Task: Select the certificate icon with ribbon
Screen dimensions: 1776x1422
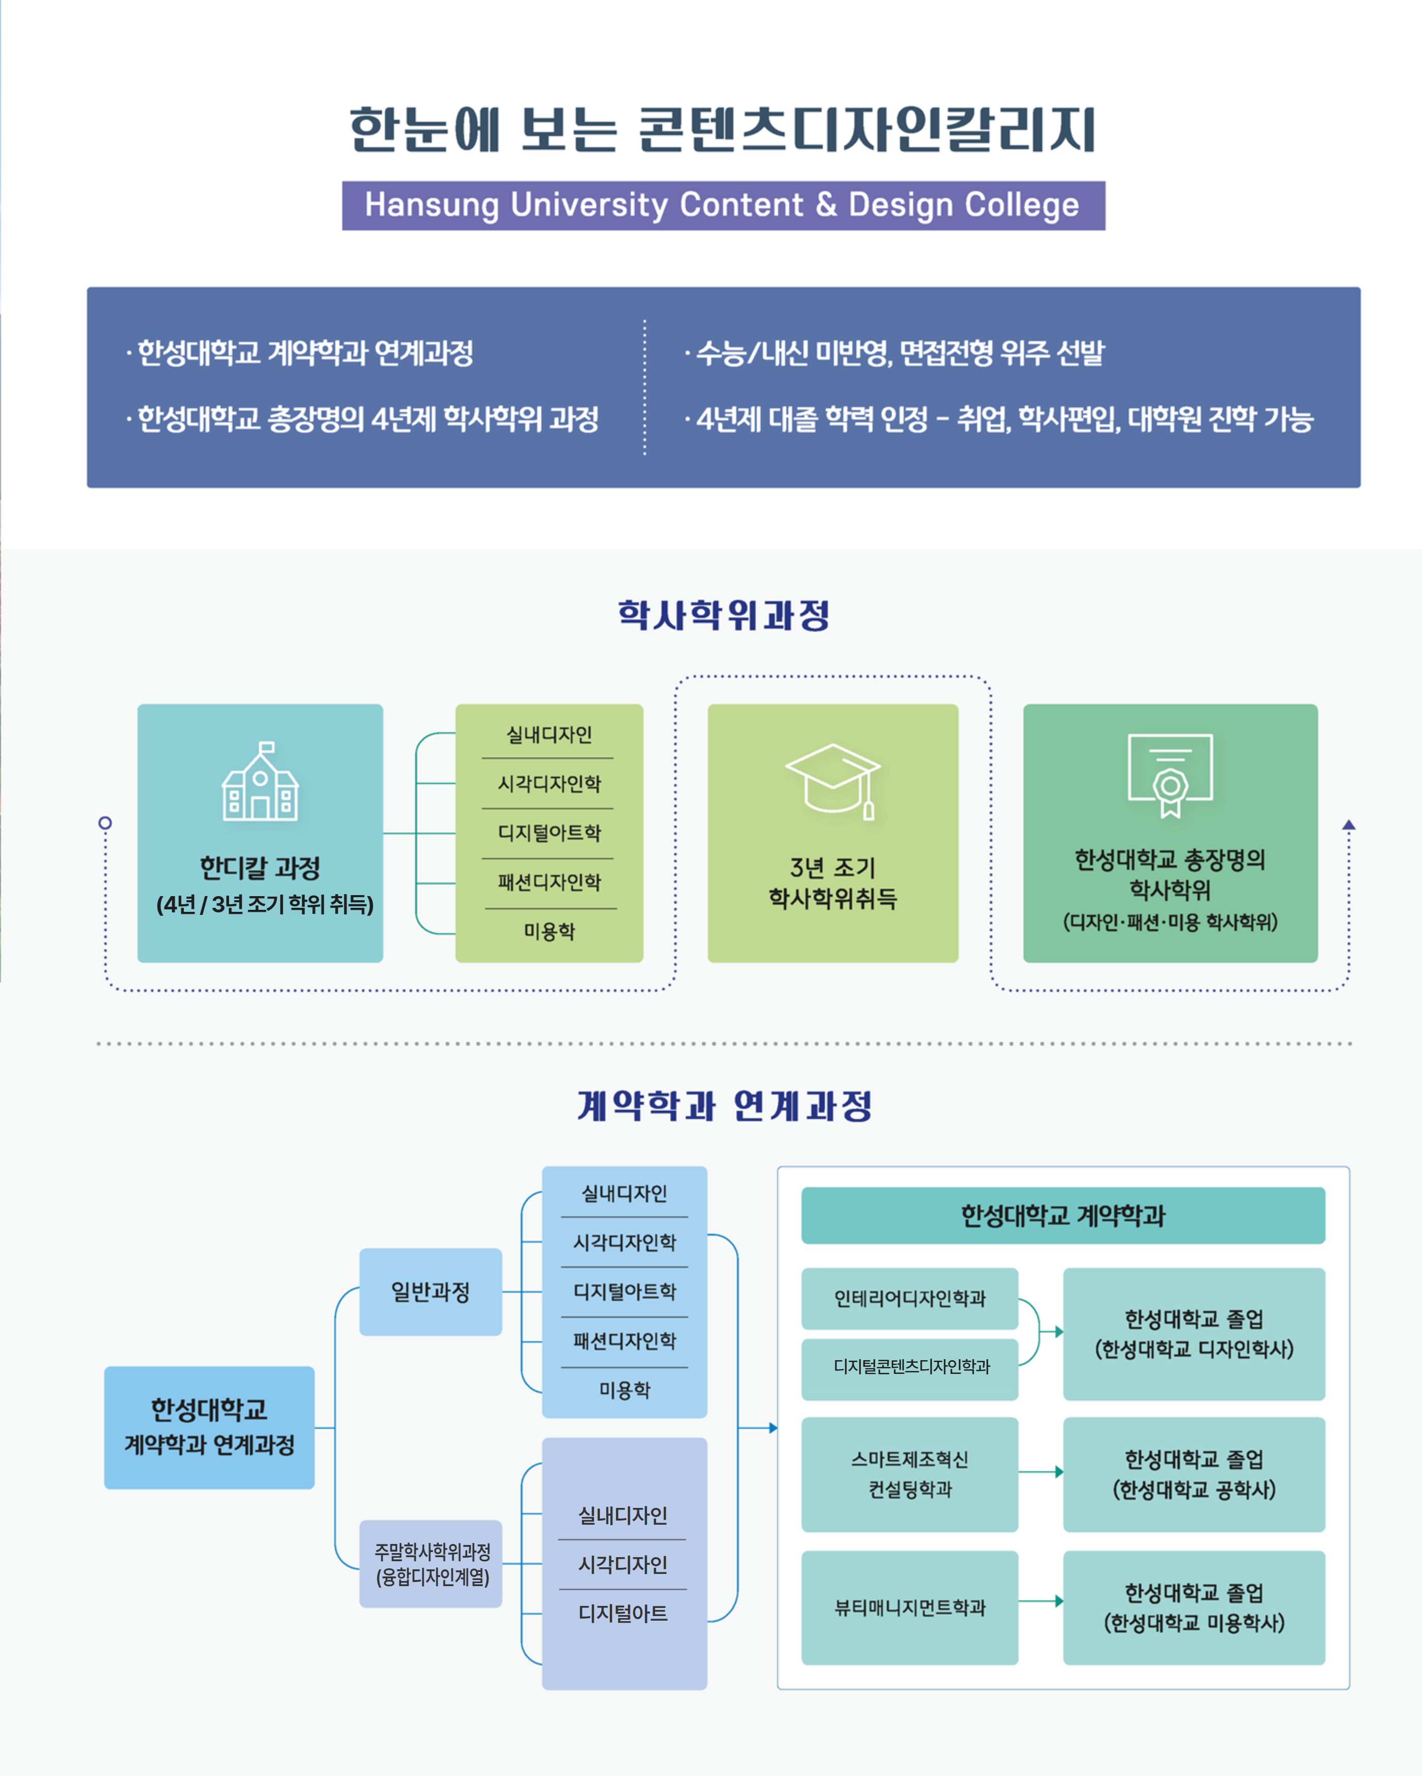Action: point(1170,774)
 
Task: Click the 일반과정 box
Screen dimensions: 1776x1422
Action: point(430,1292)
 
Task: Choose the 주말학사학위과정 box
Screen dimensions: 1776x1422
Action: point(431,1563)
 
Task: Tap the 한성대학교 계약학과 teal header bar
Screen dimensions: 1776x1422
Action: point(1063,1215)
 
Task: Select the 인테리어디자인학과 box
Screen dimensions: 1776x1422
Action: point(910,1298)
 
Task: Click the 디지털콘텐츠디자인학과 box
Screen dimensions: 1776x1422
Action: point(910,1367)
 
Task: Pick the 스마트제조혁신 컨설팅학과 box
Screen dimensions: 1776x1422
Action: point(910,1474)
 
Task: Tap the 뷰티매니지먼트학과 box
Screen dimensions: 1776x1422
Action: point(910,1607)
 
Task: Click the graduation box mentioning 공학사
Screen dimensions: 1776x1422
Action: point(1194,1474)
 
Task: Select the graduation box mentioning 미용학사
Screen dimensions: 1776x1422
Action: point(1194,1607)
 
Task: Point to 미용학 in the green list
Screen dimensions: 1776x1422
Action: point(550,932)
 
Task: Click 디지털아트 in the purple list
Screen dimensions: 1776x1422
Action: point(623,1613)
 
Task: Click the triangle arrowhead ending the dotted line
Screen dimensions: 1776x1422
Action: point(1349,825)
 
